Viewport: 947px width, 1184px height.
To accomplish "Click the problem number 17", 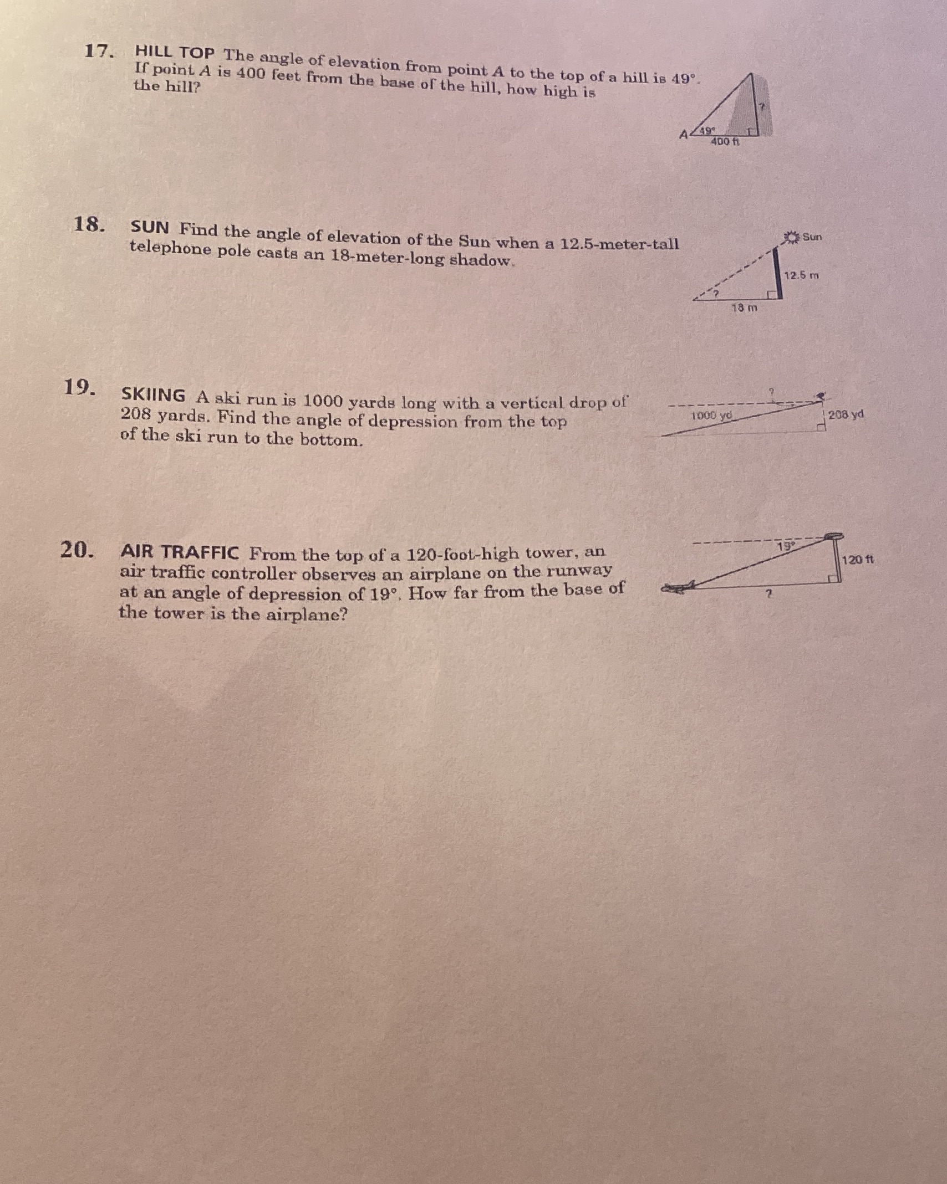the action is click(100, 51).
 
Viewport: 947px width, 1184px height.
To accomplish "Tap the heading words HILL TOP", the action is click(175, 53).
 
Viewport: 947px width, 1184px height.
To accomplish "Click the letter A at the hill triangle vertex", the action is click(685, 134).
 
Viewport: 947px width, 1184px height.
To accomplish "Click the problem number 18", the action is click(90, 224).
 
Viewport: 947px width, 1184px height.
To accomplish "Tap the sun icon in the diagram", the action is click(792, 237).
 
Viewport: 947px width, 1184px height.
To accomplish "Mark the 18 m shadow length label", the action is click(744, 307).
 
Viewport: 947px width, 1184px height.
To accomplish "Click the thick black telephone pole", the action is click(779, 273).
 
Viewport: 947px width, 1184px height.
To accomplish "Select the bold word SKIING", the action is click(154, 395).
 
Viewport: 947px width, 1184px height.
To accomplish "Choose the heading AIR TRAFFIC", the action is click(180, 552).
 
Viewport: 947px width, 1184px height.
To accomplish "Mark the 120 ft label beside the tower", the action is click(858, 560).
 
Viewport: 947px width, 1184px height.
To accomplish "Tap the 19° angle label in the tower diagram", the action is click(786, 546).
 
